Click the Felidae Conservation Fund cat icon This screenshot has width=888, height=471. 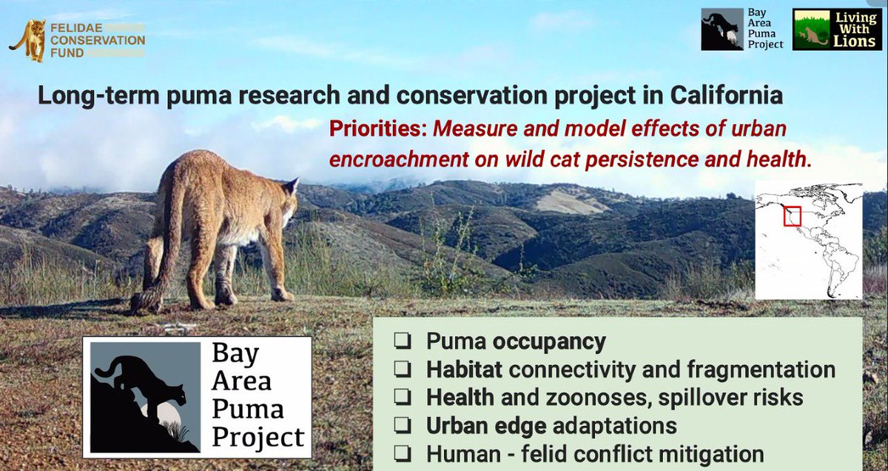(28, 41)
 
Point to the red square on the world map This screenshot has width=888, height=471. (793, 216)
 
